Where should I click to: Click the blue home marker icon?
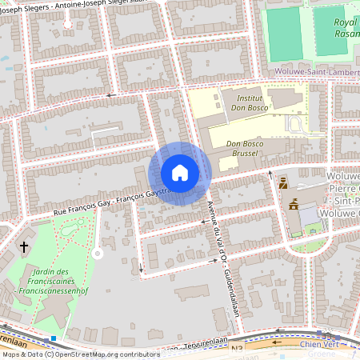tap(180, 173)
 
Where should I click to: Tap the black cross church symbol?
tap(24, 247)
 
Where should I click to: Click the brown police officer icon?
tap(282, 184)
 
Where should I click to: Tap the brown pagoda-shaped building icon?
tap(293, 204)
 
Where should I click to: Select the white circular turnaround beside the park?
tap(98, 253)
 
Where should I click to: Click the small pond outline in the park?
tap(63, 231)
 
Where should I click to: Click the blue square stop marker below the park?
tap(53, 338)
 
